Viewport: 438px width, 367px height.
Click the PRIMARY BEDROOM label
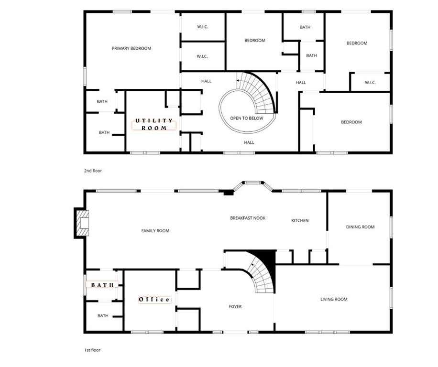131,48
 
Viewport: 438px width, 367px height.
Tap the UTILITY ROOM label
154,124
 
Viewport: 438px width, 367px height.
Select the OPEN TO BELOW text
247,118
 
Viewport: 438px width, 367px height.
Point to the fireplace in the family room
82,223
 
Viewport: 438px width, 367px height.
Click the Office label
154,300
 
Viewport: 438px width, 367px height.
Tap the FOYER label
235,306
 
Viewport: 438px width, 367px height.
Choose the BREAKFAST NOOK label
248,218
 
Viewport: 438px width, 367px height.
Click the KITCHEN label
300,220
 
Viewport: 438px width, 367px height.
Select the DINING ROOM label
361,227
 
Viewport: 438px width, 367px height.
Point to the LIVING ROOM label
334,299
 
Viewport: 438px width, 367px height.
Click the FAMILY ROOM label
155,230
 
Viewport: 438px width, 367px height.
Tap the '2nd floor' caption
93,171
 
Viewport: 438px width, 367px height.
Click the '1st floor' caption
92,350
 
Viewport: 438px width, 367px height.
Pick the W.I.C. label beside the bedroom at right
371,82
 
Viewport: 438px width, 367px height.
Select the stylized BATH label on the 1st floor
102,285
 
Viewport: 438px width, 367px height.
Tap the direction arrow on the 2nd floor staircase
238,80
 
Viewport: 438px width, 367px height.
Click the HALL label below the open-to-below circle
249,142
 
